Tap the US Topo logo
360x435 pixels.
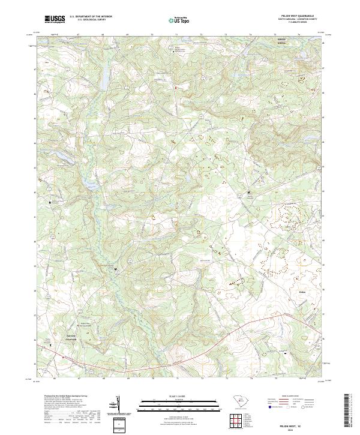point(178,20)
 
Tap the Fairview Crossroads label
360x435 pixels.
point(71,337)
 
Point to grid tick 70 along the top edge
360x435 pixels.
point(152,35)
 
